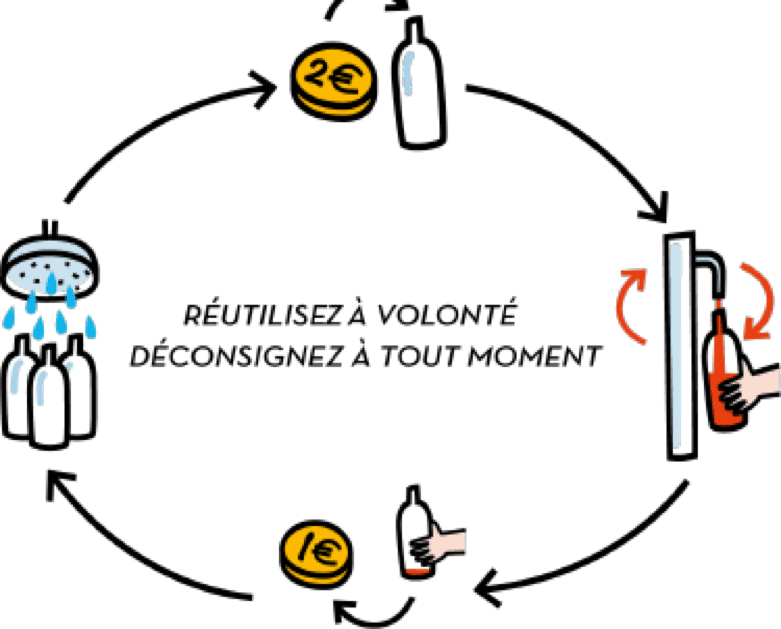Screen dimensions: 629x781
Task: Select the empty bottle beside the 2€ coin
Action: click(419, 84)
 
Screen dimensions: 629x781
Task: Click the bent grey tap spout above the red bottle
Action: click(711, 270)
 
